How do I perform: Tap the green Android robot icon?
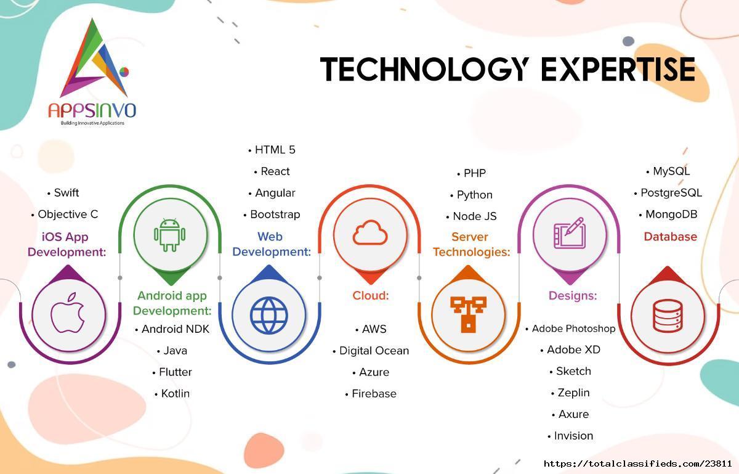coord(169,235)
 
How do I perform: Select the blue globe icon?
coord(269,315)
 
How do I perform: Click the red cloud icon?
coord(370,232)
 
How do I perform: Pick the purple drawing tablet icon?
coord(570,233)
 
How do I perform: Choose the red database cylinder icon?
coord(668,316)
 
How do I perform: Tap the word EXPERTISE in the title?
coord(618,69)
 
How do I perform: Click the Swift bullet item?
coord(63,192)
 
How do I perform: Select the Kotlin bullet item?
coord(172,393)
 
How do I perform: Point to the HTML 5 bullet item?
coord(272,150)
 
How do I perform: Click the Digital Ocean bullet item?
coord(371,351)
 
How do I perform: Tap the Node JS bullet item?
coord(472,216)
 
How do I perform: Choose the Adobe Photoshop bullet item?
coord(570,329)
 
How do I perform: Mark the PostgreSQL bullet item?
coord(668,192)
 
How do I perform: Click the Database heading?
coord(671,237)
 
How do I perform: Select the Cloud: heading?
coord(371,295)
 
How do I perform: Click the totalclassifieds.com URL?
coord(638,464)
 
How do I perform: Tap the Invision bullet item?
coord(570,436)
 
